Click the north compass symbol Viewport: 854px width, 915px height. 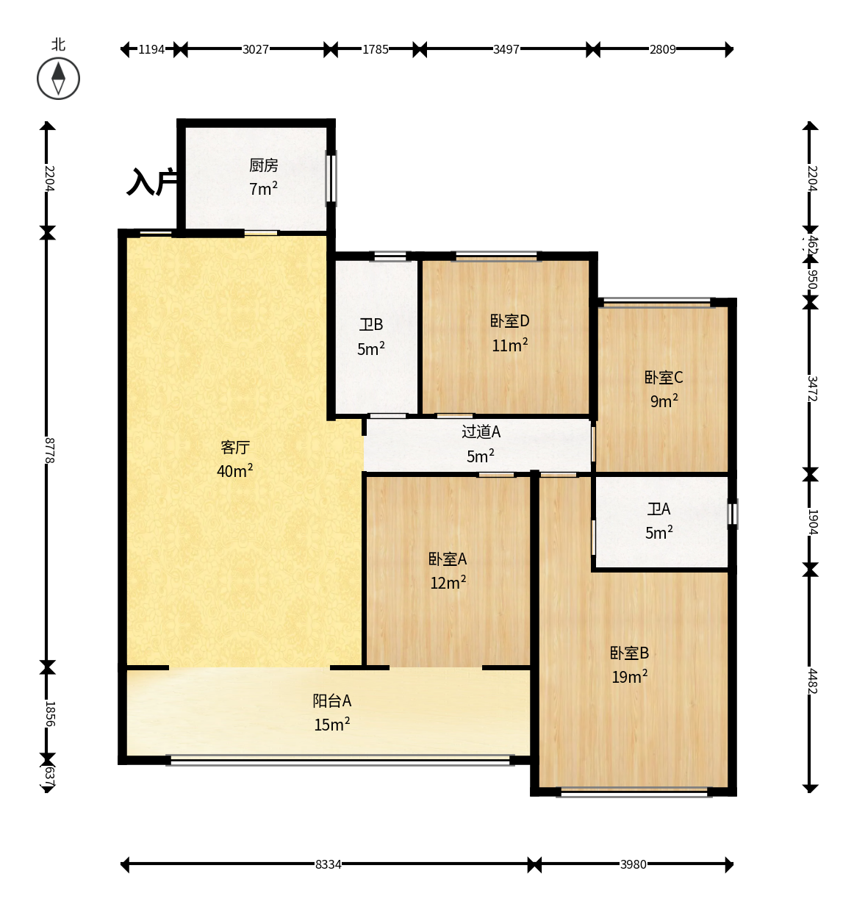click(x=58, y=79)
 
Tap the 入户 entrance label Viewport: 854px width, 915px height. click(x=152, y=182)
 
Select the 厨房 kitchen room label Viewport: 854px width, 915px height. click(x=264, y=165)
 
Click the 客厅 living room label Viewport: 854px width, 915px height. click(x=235, y=448)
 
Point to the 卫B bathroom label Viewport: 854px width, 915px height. click(x=371, y=325)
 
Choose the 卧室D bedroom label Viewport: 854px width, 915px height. click(x=509, y=321)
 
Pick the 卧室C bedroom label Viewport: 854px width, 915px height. click(x=663, y=378)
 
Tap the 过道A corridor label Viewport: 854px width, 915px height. click(x=481, y=431)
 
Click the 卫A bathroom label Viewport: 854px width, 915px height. click(x=659, y=509)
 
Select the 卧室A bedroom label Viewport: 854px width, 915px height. click(x=448, y=559)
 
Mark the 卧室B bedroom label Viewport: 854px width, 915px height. click(x=629, y=653)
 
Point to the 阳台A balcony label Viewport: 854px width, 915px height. click(x=332, y=700)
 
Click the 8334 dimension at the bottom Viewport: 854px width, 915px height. click(x=328, y=864)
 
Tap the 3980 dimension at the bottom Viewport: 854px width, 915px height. click(x=633, y=864)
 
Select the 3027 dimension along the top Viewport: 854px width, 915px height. click(x=255, y=49)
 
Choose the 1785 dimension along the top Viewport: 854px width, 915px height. click(x=375, y=49)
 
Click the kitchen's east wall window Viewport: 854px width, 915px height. click(x=331, y=179)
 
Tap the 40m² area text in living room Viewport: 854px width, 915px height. click(x=234, y=471)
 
